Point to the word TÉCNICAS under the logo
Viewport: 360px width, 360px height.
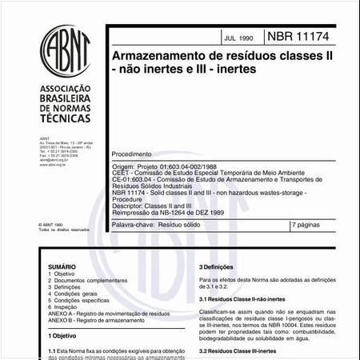coord(58,117)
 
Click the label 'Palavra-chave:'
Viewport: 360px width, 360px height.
coord(133,226)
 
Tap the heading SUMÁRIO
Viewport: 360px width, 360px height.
coord(62,266)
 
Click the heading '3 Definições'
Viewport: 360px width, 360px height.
coord(215,266)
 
